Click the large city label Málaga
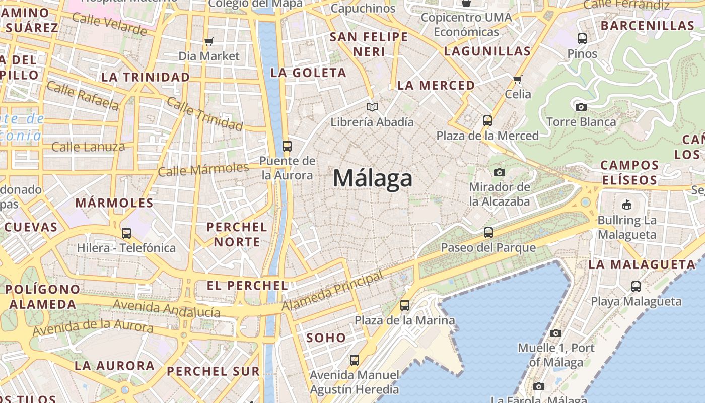click(373, 179)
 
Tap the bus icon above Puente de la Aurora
click(287, 146)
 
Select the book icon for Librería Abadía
click(372, 107)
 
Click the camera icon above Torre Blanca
click(581, 107)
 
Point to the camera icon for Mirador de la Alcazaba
click(499, 172)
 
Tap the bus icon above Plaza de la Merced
click(487, 121)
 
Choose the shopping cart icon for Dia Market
click(209, 41)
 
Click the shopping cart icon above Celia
click(517, 79)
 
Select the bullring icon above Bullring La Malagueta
click(627, 205)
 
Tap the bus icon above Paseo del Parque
click(488, 233)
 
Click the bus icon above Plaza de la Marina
click(404, 305)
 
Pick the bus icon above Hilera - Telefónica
click(126, 233)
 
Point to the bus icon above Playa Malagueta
click(636, 287)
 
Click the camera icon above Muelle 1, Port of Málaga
click(555, 333)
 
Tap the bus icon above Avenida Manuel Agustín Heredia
click(355, 360)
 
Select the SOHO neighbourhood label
click(326, 338)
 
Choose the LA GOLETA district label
click(308, 73)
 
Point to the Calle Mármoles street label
click(203, 169)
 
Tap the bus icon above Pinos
click(582, 38)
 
